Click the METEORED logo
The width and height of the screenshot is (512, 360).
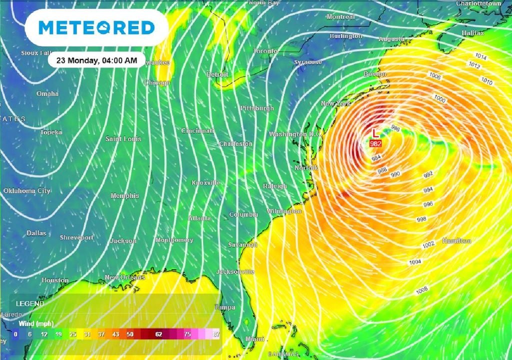(96, 27)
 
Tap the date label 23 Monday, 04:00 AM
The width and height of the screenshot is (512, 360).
(96, 60)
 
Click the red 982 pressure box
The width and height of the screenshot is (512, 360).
(375, 143)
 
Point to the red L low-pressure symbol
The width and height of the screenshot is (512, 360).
(375, 133)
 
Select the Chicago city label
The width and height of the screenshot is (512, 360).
(157, 82)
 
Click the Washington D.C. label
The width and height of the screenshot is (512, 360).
(294, 134)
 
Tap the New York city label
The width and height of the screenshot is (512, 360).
(335, 103)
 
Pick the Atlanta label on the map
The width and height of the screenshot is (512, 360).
(199, 218)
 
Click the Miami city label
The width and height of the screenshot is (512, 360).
(255, 339)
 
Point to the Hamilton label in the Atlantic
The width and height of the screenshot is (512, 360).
(456, 241)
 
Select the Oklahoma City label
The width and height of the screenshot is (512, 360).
(27, 191)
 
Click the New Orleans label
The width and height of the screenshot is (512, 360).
(124, 277)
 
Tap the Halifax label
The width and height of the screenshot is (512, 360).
(472, 33)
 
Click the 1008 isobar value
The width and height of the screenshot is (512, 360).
(421, 289)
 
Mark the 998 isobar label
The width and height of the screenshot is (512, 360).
(421, 219)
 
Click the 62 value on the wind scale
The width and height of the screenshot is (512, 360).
(159, 334)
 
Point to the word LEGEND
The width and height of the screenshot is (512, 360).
(30, 303)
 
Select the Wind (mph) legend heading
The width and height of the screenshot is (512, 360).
(35, 323)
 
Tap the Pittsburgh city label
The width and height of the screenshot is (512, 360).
(257, 108)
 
